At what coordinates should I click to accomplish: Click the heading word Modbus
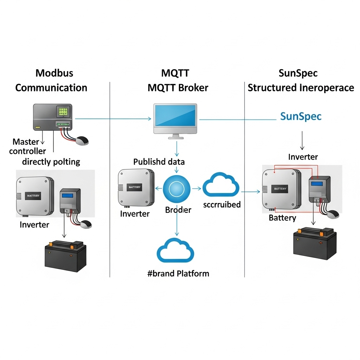pos(54,73)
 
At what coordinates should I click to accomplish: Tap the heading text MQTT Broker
pos(178,88)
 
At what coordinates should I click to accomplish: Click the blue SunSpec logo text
pos(301,116)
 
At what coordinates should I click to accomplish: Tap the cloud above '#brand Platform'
pos(175,250)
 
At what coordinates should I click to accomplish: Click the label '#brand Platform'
pos(178,273)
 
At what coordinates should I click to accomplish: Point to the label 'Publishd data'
pos(159,162)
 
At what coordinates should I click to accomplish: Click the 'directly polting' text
pos(51,162)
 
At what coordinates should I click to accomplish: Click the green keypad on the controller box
pos(63,112)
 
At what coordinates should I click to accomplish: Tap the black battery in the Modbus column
pos(65,256)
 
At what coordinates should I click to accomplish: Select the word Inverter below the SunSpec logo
pos(303,157)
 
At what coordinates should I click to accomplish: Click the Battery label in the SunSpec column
pos(282,218)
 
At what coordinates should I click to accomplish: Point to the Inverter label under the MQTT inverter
pos(135,214)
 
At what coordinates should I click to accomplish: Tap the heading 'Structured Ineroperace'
pos(301,88)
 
